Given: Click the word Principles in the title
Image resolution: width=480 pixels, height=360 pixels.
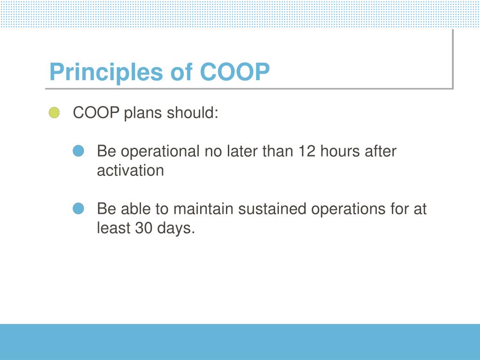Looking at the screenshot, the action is [x=106, y=73].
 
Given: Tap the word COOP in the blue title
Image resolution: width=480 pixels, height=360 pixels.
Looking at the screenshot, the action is [x=235, y=72].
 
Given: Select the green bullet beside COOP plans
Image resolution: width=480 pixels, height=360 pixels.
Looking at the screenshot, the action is [x=54, y=112].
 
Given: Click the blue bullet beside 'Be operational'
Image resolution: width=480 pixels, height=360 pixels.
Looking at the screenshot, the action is [x=78, y=151].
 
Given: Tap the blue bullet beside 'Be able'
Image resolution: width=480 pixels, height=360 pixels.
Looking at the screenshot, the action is [x=78, y=209].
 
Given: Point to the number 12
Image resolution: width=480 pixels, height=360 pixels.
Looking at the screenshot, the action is [x=307, y=151].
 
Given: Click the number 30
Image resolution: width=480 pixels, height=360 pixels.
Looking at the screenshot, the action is [x=143, y=228].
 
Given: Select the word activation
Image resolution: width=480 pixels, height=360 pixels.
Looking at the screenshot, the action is [x=130, y=170].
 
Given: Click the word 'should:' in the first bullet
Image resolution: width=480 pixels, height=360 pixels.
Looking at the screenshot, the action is [x=192, y=112].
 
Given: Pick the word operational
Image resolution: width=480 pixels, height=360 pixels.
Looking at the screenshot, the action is [x=160, y=152].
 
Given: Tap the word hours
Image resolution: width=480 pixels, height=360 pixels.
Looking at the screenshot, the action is [x=338, y=151].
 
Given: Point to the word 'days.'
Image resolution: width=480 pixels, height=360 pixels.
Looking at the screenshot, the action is [x=176, y=229].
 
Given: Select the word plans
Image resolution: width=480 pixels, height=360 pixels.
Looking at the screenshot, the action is [x=142, y=113].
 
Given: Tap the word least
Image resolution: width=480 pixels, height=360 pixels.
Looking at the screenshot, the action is [x=113, y=228].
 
